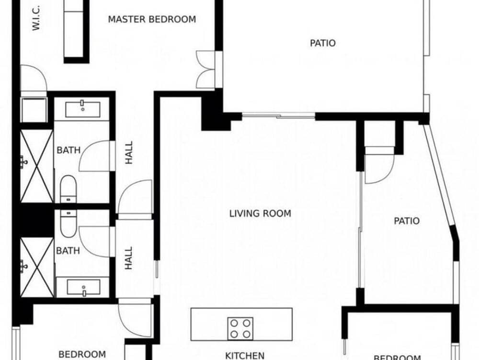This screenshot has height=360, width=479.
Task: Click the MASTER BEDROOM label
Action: [152, 20]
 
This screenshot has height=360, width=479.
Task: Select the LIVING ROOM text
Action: [260, 213]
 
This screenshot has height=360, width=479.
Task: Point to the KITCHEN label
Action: [245, 355]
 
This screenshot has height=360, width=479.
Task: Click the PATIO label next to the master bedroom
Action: [323, 43]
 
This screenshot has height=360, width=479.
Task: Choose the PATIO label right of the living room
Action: [407, 221]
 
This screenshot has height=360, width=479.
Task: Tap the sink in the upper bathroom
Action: [82, 108]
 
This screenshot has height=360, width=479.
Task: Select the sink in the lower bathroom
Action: [83, 288]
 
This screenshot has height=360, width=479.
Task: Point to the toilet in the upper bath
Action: [68, 188]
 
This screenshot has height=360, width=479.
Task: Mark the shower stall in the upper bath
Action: [36, 165]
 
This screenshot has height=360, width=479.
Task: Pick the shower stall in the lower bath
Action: [36, 267]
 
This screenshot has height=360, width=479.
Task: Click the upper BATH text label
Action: [68, 150]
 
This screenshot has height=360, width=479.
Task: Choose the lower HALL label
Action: [129, 258]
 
